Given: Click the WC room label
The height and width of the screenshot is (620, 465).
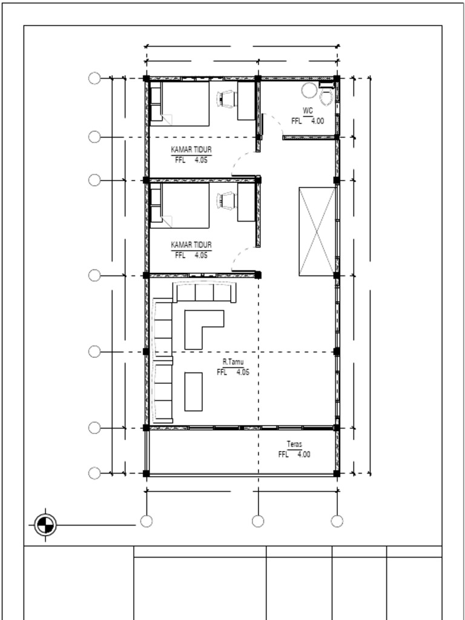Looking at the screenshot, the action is click(308, 111).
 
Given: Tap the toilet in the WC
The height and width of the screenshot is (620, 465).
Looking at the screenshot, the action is click(326, 95).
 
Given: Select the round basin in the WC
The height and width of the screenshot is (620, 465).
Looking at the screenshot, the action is click(309, 90).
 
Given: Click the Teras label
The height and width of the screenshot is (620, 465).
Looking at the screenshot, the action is click(295, 444).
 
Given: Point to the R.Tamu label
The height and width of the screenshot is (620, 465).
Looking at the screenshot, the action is click(233, 362).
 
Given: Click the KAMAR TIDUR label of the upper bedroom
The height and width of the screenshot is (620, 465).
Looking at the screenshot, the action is click(191, 150).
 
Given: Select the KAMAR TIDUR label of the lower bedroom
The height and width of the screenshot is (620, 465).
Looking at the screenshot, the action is click(191, 245).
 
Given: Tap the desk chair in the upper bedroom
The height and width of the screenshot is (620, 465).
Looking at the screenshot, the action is click(226, 99).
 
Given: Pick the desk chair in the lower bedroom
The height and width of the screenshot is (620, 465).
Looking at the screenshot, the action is click(226, 200).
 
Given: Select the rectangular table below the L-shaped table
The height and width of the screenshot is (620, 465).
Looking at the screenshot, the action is click(193, 392).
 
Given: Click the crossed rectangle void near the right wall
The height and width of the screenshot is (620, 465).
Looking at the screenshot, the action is click(317, 231).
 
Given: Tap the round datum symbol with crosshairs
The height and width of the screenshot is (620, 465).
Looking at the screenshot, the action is click(45, 525).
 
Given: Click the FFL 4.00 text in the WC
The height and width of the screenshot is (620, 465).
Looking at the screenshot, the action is click(308, 121).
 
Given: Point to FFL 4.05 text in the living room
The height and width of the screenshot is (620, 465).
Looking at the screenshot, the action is click(233, 372).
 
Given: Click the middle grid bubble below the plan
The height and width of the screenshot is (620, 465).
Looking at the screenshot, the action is click(258, 521).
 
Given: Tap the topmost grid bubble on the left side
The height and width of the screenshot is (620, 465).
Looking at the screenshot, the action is click(94, 78).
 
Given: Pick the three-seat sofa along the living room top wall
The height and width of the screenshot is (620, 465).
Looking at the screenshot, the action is click(205, 292).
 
